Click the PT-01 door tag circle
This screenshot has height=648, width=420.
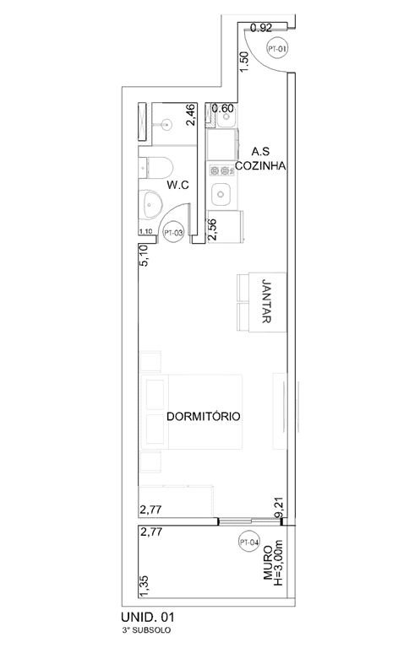click(x=276, y=48)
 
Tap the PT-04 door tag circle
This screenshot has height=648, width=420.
click(x=249, y=543)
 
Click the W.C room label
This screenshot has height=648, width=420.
click(x=177, y=184)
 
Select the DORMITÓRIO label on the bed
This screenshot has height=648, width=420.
click(x=205, y=417)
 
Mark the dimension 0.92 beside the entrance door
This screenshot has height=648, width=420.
click(x=262, y=29)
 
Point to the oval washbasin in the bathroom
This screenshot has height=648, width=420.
click(x=152, y=203)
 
